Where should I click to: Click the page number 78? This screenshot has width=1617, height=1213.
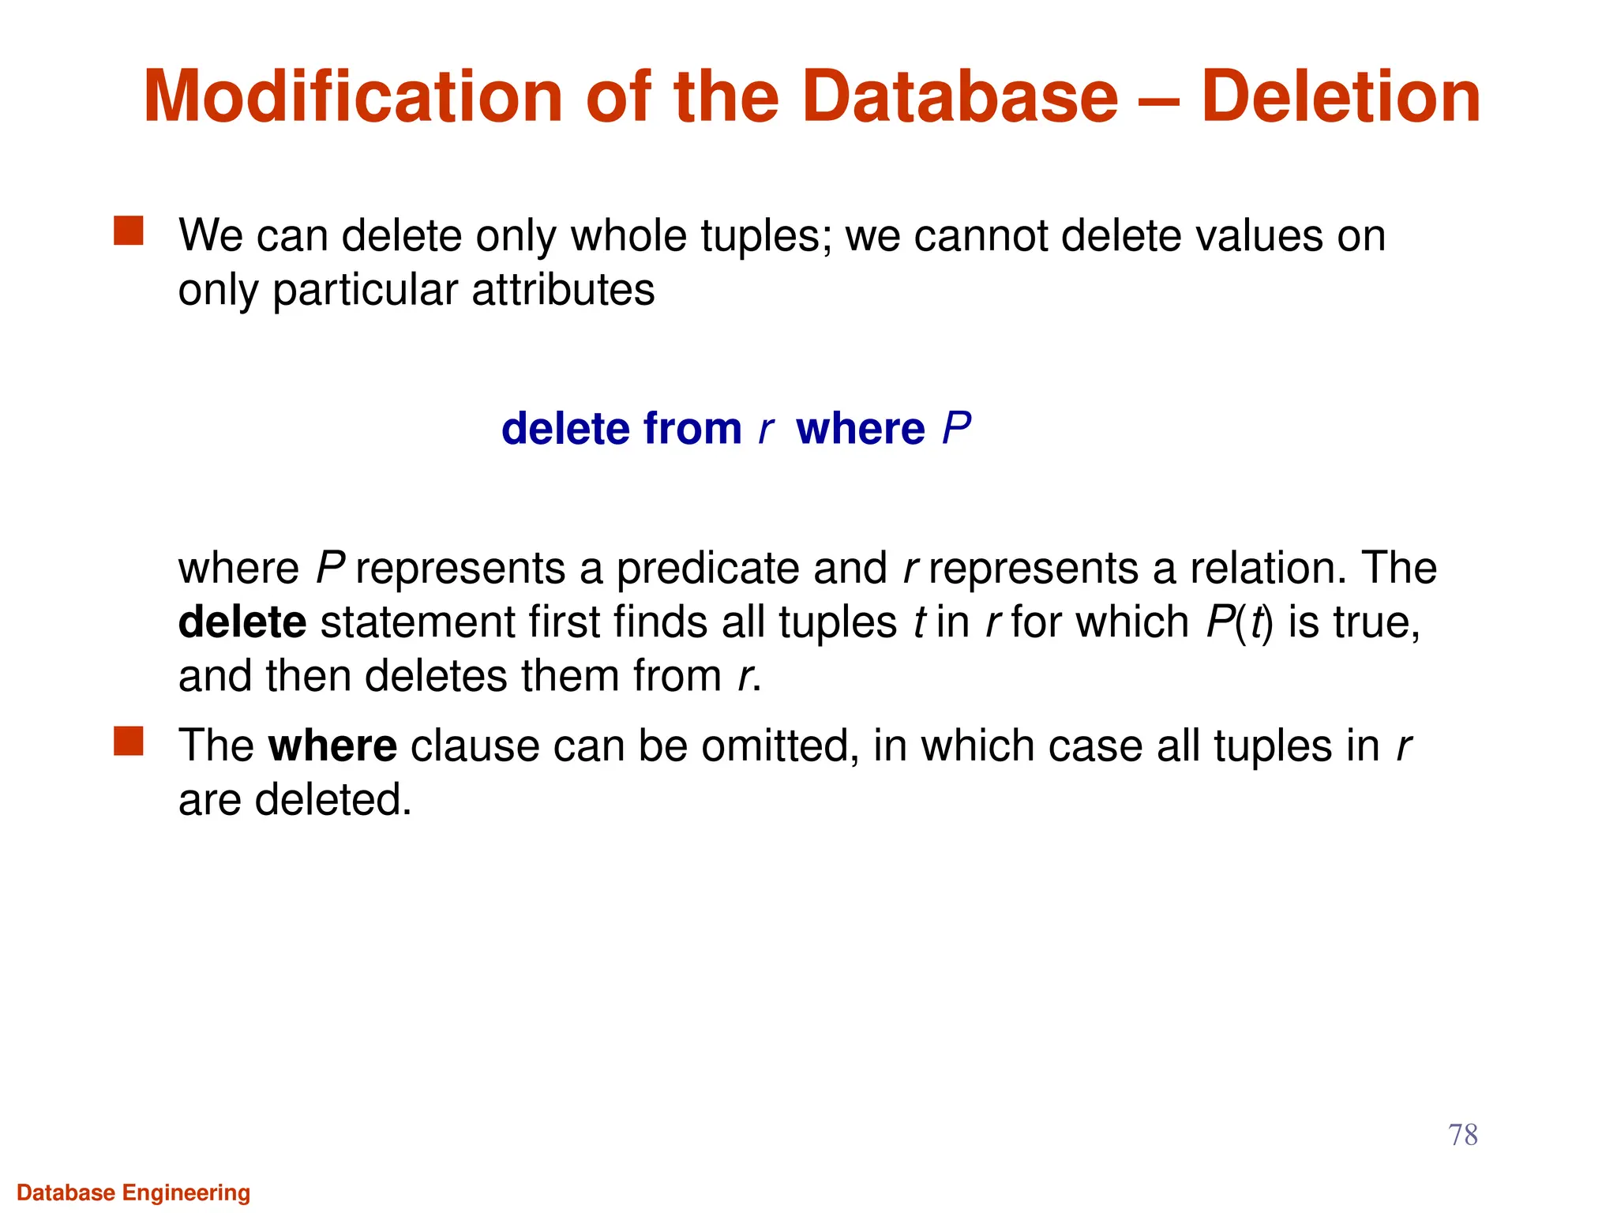coord(1462,1135)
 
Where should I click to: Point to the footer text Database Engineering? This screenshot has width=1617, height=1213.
coord(133,1192)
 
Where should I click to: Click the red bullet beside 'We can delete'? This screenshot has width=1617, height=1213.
coord(129,231)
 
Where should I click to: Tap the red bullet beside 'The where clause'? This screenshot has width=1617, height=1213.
coord(129,742)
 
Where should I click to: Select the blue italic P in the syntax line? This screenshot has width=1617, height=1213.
coord(956,429)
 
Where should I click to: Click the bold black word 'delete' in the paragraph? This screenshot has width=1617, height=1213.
coord(242,622)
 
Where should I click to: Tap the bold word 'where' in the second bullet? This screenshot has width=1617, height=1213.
coord(332,745)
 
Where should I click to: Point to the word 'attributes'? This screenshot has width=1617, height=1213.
coord(563,290)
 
